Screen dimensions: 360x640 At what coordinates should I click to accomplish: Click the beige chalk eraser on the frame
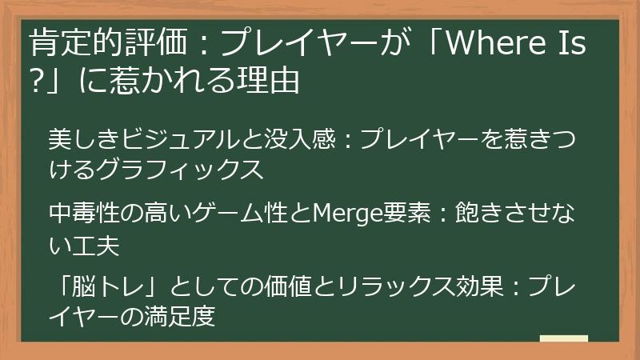click(x=563, y=339)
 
